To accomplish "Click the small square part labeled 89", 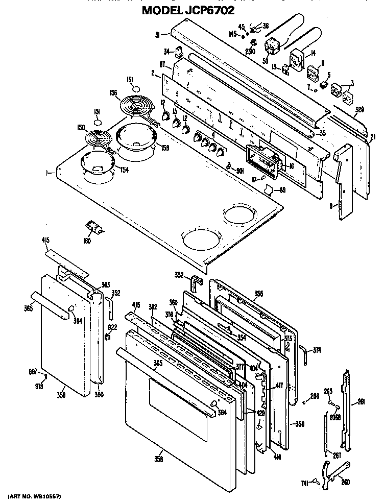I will pyautogui.click(x=267, y=189).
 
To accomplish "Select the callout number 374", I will pyautogui.click(x=318, y=350).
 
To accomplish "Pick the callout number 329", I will pyautogui.click(x=359, y=110).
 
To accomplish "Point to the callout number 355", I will pyautogui.click(x=259, y=293).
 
